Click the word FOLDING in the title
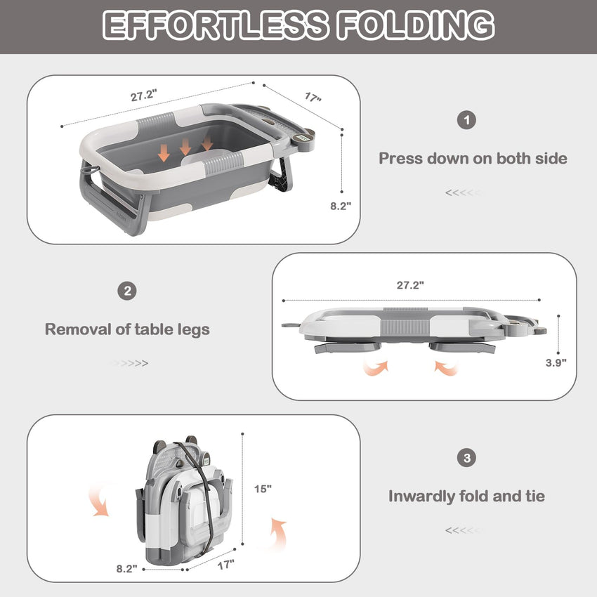pos(416,25)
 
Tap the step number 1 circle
pos(466,119)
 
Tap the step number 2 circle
pos(126,291)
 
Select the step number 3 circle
pos(466,459)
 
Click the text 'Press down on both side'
pos(473,158)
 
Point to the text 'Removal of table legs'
pos(127,329)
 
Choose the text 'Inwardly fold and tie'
pos(466,497)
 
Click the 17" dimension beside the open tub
pos(313,98)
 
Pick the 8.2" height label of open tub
pos(341,205)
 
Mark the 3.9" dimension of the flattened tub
pos(556,362)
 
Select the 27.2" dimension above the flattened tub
pos(410,285)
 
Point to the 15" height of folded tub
pos(264,487)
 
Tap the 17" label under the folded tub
pos(225,563)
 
